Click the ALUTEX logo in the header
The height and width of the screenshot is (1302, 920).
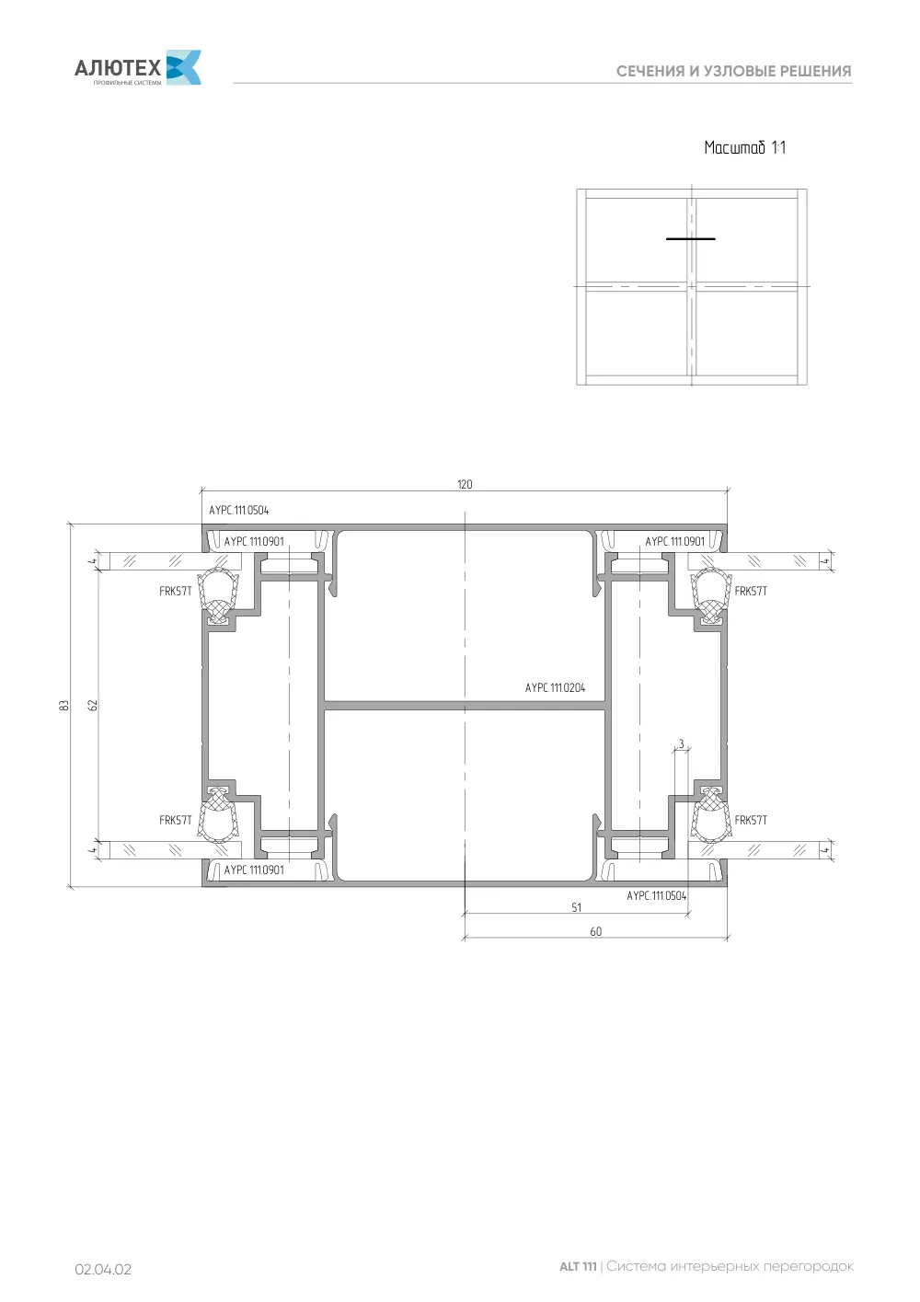point(138,67)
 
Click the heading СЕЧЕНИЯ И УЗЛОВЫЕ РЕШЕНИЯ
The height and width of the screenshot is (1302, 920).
point(733,72)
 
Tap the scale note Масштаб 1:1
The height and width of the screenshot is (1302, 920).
point(744,147)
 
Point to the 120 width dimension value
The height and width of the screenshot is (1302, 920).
point(465,484)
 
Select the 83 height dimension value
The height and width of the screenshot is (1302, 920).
point(63,705)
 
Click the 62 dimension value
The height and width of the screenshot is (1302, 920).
point(93,705)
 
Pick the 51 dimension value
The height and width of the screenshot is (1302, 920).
point(576,907)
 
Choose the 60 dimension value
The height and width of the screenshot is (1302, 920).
point(596,931)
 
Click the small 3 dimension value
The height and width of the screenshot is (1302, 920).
point(681,743)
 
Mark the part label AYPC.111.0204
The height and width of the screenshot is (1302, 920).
point(555,687)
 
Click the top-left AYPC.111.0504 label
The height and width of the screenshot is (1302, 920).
point(239,511)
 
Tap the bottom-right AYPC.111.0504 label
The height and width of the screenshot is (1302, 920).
point(656,895)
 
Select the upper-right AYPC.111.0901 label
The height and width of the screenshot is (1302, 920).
point(674,541)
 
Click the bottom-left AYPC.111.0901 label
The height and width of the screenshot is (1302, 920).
point(254,870)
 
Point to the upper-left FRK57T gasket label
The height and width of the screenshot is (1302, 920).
point(175,591)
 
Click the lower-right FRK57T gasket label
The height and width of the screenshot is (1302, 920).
point(751,820)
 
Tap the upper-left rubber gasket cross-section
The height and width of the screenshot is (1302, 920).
point(219,596)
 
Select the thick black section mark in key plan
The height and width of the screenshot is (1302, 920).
point(690,238)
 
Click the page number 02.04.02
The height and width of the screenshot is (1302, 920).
point(103,1270)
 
